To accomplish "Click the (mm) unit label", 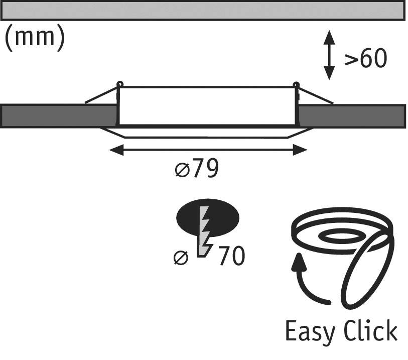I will (34, 39).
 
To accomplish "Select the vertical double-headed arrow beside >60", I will (329, 55).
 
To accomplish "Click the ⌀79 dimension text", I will (197, 170).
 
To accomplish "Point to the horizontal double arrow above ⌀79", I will (208, 149).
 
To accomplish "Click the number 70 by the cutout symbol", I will (231, 256).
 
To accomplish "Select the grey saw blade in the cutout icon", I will (206, 231).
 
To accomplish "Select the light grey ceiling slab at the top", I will (203, 10).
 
